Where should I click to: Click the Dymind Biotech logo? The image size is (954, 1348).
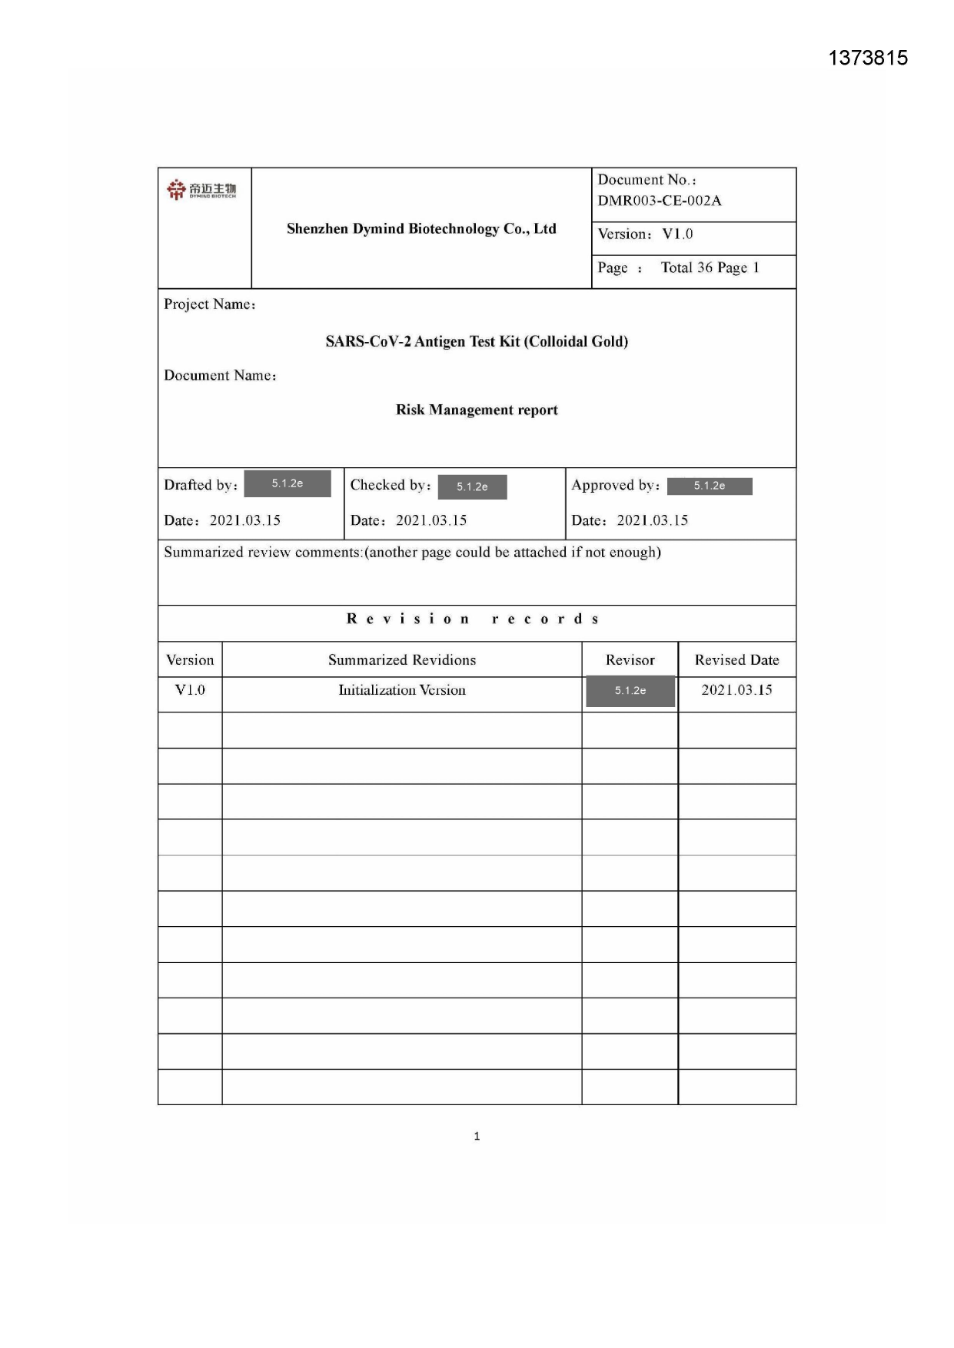tap(201, 189)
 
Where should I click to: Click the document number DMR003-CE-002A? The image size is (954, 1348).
tap(660, 201)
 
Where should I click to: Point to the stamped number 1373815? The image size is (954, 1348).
tap(868, 58)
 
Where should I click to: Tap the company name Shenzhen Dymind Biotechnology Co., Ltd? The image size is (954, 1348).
tap(421, 228)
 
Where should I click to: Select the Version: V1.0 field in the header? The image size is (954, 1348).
tap(646, 234)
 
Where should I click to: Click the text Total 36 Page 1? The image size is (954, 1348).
tap(710, 267)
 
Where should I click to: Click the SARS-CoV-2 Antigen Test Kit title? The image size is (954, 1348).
tap(477, 341)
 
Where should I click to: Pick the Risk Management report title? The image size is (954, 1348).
tap(477, 410)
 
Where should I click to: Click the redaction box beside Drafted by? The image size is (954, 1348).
tap(288, 483)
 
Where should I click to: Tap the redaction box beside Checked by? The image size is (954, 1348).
tap(472, 486)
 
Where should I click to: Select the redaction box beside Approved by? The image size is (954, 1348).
tap(709, 486)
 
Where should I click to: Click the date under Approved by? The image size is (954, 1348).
tap(652, 520)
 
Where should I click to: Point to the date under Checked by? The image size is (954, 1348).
tap(430, 520)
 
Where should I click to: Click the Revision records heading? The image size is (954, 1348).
tap(474, 619)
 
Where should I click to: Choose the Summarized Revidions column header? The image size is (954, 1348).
tap(402, 659)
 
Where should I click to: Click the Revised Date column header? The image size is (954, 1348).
tap(736, 659)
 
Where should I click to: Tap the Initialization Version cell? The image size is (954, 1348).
tap(402, 690)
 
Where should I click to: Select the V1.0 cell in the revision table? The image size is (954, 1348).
tap(190, 690)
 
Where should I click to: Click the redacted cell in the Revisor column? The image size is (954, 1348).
tap(630, 691)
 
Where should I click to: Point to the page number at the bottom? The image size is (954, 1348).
tap(477, 1136)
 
